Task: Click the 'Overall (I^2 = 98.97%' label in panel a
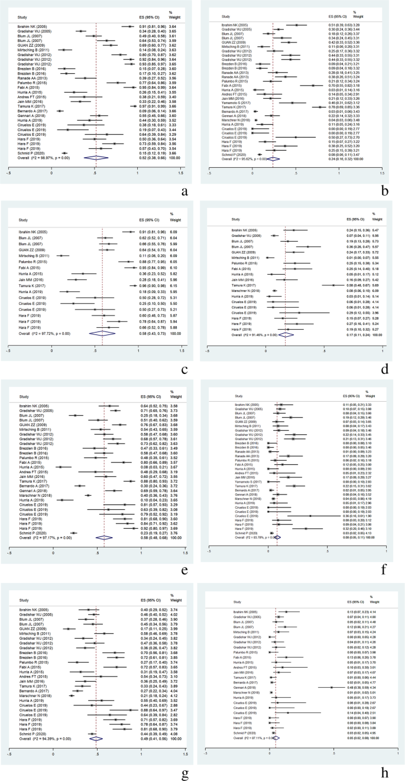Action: (x=33, y=158)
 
